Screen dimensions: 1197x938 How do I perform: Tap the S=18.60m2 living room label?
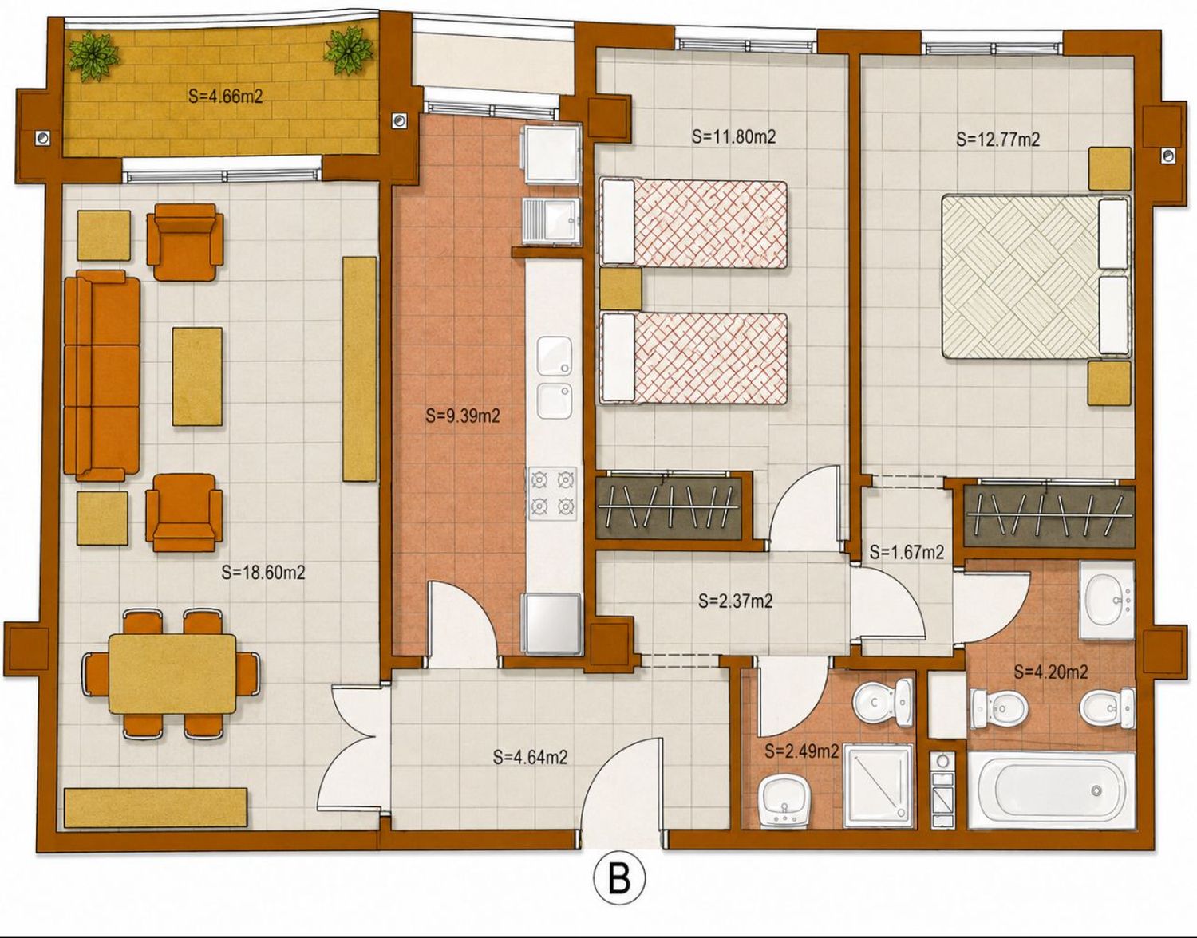click(x=263, y=573)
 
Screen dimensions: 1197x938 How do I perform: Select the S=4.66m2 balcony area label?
click(x=225, y=97)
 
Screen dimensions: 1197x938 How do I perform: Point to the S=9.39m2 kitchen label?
click(x=462, y=416)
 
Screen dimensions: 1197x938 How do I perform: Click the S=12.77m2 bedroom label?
click(x=997, y=140)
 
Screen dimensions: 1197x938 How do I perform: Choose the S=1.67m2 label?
click(x=907, y=552)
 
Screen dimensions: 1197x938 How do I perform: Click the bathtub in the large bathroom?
click(x=1051, y=791)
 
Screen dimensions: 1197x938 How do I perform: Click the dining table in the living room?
click(x=172, y=674)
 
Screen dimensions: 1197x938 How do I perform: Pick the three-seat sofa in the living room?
click(x=102, y=376)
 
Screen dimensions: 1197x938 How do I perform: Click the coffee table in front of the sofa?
click(x=197, y=376)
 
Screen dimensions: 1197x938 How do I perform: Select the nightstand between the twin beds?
click(x=620, y=288)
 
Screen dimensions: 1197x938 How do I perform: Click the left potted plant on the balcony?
click(x=93, y=55)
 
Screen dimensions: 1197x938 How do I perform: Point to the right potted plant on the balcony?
click(x=349, y=51)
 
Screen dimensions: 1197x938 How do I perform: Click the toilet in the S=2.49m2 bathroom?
click(x=883, y=702)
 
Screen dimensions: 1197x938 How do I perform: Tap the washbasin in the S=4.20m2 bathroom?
click(x=1106, y=600)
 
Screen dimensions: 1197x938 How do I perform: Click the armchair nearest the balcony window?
click(x=185, y=242)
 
